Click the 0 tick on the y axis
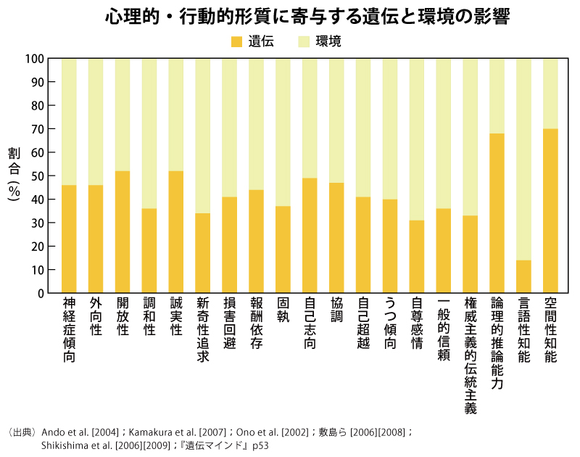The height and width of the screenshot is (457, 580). click(x=39, y=293)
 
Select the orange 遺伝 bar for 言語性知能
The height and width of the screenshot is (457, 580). click(x=523, y=276)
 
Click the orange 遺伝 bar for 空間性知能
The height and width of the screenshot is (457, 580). click(x=550, y=210)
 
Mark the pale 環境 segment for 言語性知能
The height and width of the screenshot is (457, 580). click(x=523, y=159)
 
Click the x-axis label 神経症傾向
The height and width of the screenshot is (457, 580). click(x=70, y=329)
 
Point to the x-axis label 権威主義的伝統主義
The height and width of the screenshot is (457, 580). click(x=470, y=355)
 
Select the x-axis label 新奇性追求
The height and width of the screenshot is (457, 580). click(x=203, y=329)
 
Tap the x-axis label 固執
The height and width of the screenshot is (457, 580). click(x=283, y=310)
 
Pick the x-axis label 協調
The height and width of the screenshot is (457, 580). click(x=336, y=310)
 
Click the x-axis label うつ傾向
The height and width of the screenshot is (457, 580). click(x=390, y=323)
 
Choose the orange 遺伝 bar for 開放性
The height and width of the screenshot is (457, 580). click(x=123, y=232)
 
